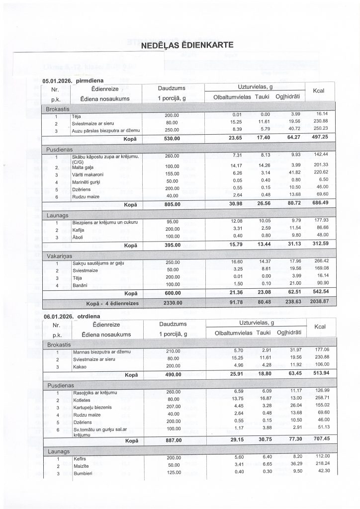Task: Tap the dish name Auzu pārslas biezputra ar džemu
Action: click(105, 130)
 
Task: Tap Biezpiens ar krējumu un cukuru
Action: click(104, 221)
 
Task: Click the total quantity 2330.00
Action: click(171, 302)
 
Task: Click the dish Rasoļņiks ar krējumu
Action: click(94, 393)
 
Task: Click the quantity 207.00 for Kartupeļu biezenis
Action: click(171, 407)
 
